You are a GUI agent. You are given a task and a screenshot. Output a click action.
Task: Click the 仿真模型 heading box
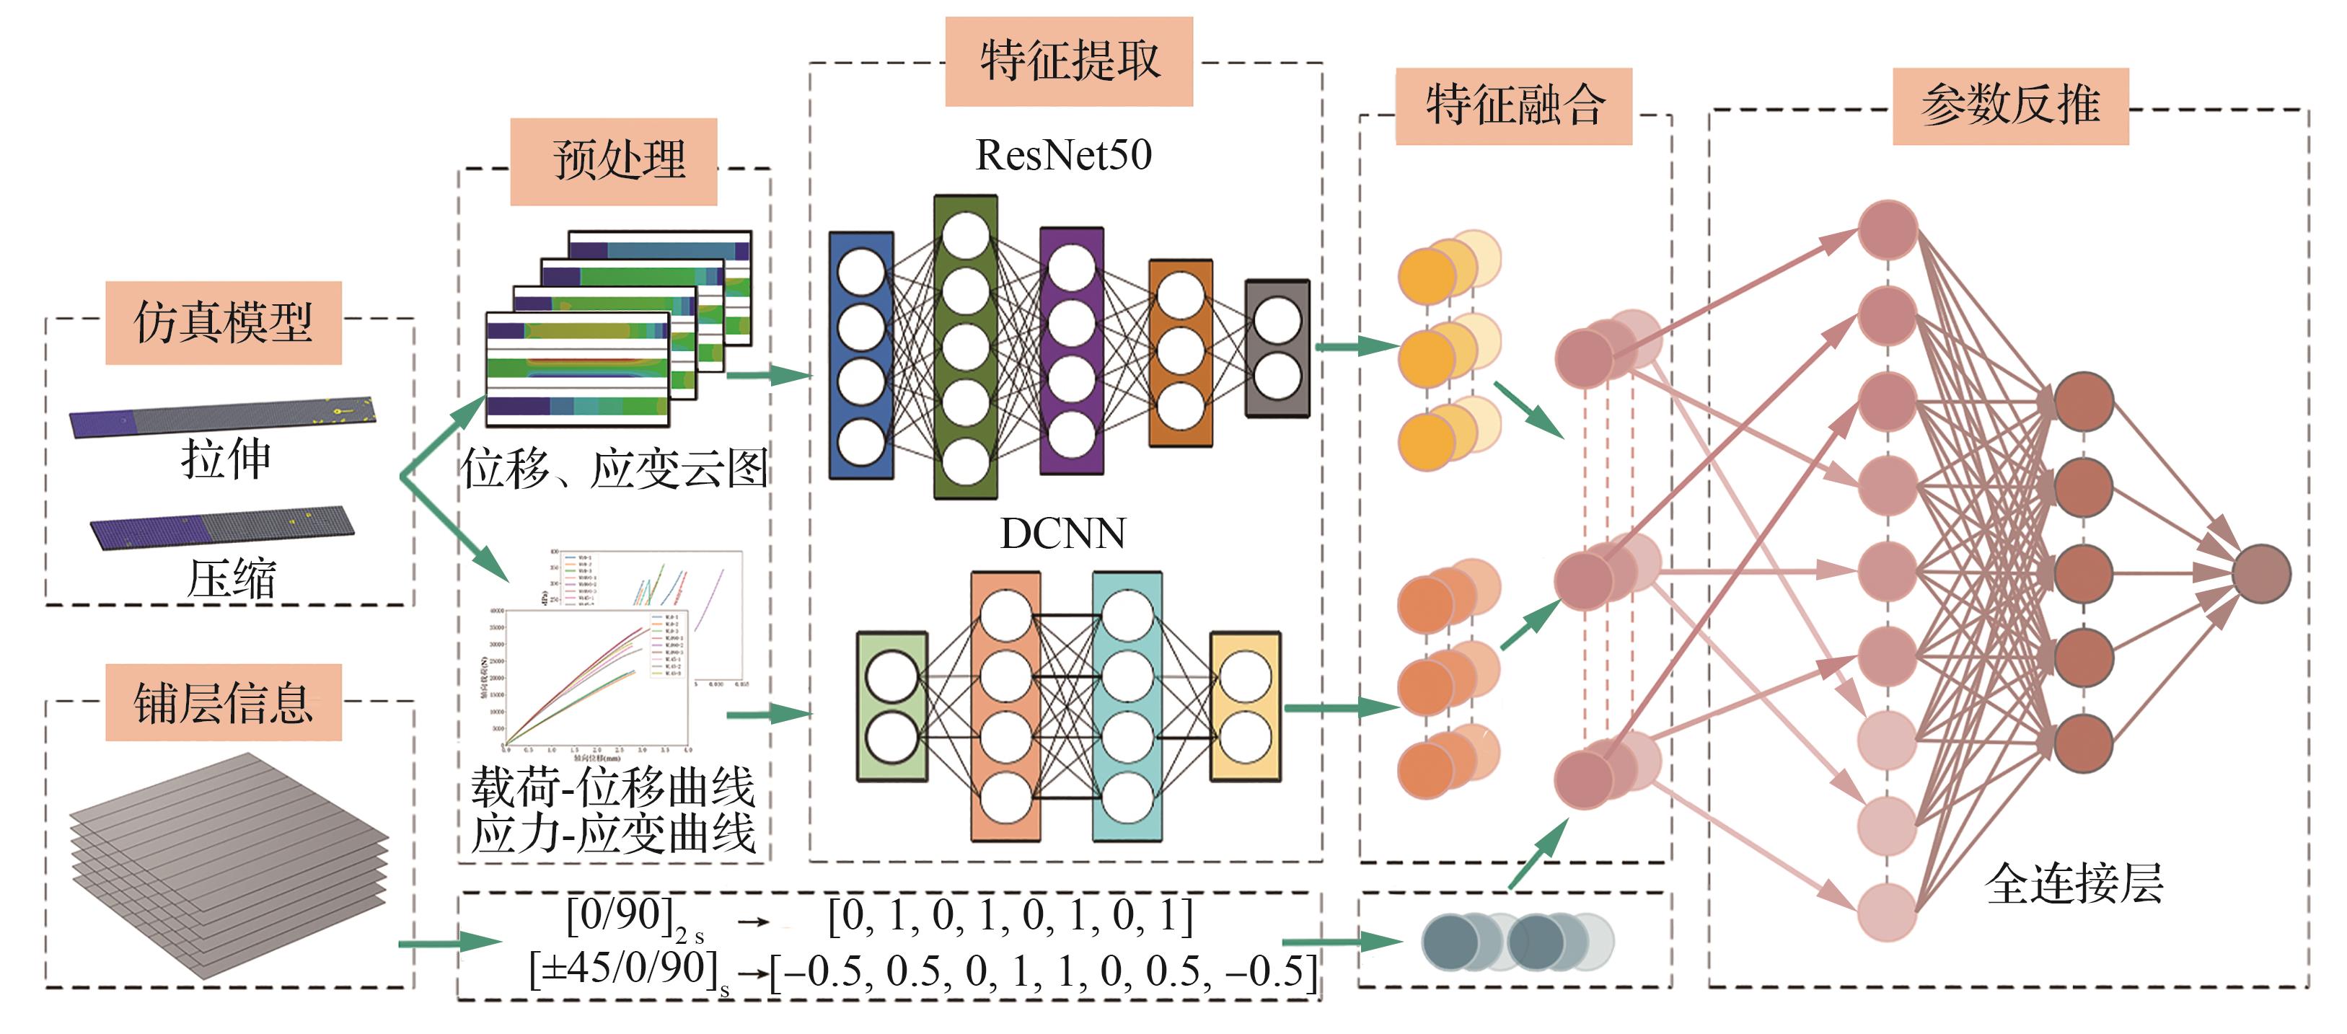click(223, 322)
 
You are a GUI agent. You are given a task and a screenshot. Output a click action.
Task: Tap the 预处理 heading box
click(613, 162)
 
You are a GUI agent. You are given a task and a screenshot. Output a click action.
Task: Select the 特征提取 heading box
click(1069, 61)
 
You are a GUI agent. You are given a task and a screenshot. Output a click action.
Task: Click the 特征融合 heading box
click(1513, 106)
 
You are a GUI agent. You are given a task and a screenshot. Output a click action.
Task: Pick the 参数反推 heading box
click(2010, 106)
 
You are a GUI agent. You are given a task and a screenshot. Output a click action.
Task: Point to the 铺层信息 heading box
click(223, 702)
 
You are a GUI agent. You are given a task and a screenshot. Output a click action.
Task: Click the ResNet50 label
click(1063, 155)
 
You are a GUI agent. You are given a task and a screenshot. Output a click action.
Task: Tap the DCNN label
click(1062, 534)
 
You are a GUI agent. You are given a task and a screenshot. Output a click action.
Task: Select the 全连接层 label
click(2074, 883)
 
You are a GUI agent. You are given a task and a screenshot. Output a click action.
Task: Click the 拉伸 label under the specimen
click(226, 459)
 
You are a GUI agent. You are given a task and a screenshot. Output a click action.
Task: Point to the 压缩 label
click(232, 578)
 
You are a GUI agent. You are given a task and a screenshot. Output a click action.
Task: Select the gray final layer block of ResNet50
click(1277, 348)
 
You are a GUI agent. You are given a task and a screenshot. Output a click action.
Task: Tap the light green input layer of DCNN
click(892, 707)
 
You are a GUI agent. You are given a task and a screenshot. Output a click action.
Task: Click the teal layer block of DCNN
click(1127, 707)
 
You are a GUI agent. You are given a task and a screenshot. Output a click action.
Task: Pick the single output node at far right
click(2260, 574)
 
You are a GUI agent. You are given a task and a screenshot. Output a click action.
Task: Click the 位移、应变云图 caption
click(614, 469)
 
